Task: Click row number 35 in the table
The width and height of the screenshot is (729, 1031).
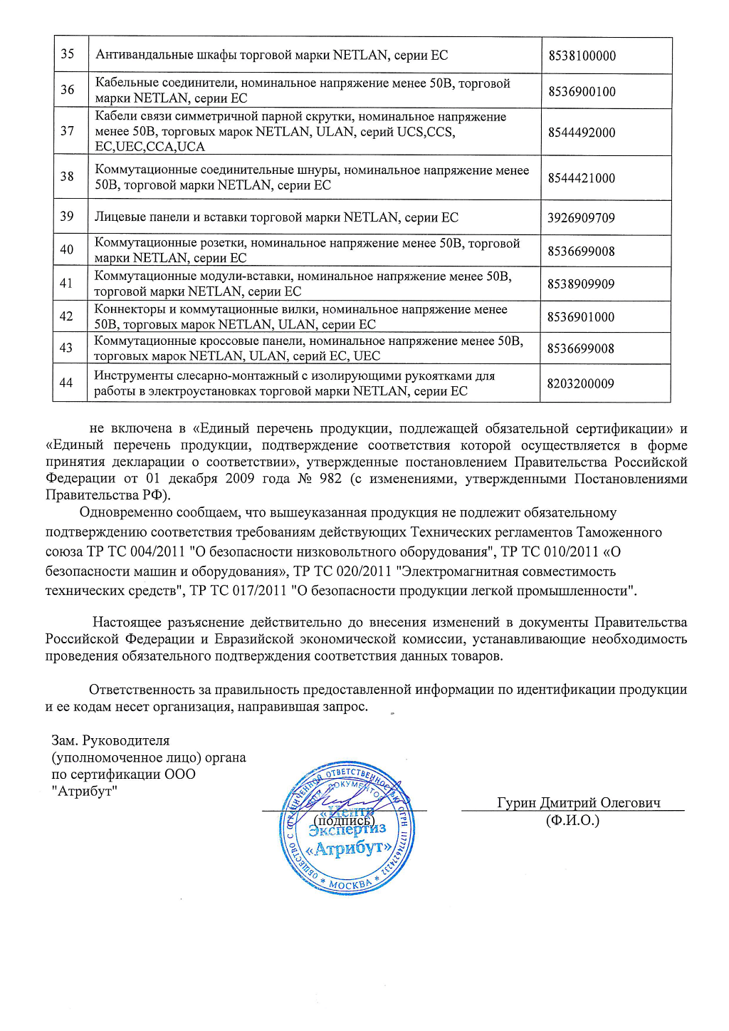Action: pyautogui.click(x=68, y=54)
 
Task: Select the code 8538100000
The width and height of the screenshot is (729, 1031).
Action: pyautogui.click(x=582, y=56)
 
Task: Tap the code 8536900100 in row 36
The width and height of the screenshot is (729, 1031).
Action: pyautogui.click(x=582, y=91)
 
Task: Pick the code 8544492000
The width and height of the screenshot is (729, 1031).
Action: pyautogui.click(x=582, y=133)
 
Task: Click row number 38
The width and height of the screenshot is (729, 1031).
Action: pyautogui.click(x=67, y=176)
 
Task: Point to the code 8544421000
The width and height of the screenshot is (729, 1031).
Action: pyautogui.click(x=581, y=178)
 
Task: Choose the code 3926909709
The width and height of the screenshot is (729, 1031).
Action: pyautogui.click(x=581, y=218)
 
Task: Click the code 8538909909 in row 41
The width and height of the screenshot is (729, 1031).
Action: pyautogui.click(x=580, y=284)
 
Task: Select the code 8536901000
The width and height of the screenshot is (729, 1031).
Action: pyautogui.click(x=580, y=317)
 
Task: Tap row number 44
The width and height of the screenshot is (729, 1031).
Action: pyautogui.click(x=66, y=383)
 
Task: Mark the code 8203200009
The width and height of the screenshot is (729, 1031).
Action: pyautogui.click(x=580, y=384)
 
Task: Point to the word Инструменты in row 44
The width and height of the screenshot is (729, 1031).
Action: pyautogui.click(x=130, y=375)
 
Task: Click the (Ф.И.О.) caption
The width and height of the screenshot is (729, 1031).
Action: pyautogui.click(x=572, y=820)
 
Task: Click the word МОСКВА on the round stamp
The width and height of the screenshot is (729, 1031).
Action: pyautogui.click(x=350, y=884)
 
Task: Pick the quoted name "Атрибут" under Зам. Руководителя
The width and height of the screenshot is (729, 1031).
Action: pyautogui.click(x=84, y=791)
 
